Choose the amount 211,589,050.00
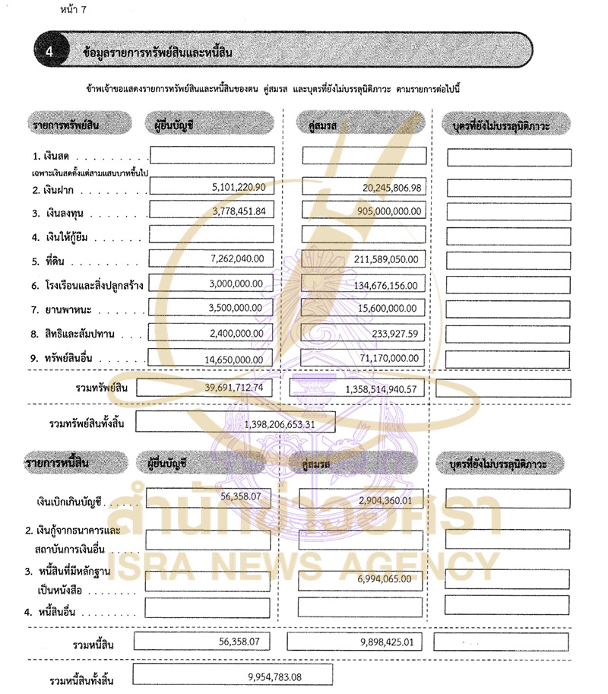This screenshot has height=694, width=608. pos(379,260)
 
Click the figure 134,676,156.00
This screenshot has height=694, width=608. pos(379,284)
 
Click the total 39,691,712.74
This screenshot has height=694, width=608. pos(233,388)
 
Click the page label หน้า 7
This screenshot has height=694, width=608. pos(72,11)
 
